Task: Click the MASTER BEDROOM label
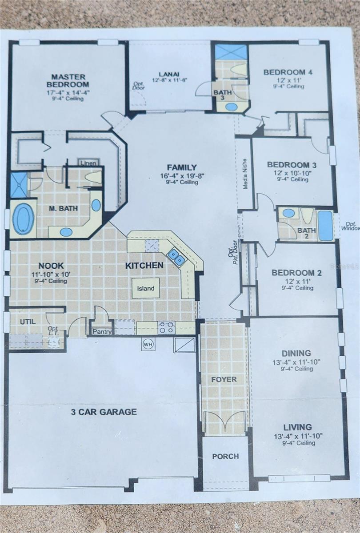point(68,80)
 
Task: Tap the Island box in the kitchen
point(146,288)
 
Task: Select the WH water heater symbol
point(148,344)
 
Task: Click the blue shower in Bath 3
point(231,52)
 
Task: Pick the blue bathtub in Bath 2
point(326,226)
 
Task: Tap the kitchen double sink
point(176,257)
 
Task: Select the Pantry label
point(102,331)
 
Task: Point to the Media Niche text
point(245,174)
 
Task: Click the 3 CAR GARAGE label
point(104,412)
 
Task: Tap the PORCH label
point(225,456)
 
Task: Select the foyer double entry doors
point(224,422)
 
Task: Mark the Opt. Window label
point(350,226)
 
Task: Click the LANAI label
point(169,74)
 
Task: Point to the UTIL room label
point(28,321)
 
